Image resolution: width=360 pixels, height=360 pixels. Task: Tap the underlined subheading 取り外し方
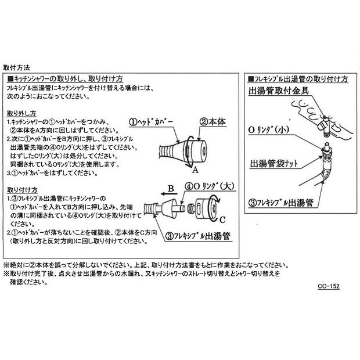click(22, 113)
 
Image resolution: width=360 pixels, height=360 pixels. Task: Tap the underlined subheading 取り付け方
click(22, 189)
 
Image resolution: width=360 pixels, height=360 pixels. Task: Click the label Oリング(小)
click(273, 129)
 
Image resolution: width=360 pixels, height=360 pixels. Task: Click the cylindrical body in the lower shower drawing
click(206, 210)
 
